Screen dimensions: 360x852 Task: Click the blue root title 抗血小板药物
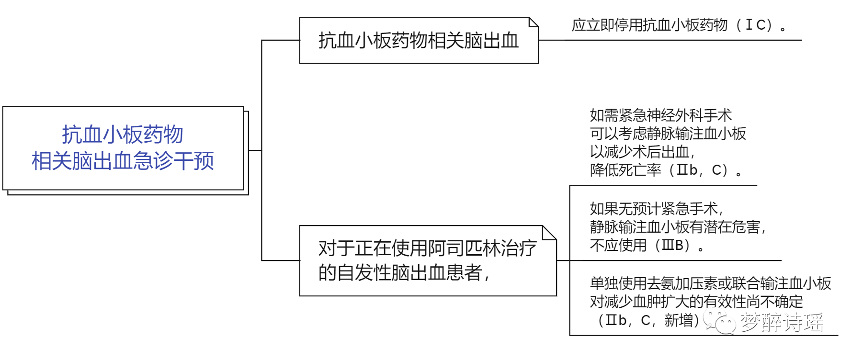point(123,135)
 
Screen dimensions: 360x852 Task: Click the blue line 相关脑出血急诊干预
point(123,161)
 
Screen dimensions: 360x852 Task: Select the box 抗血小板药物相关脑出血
point(419,41)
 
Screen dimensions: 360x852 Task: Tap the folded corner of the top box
point(533,22)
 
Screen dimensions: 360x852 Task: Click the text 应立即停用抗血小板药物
point(649,25)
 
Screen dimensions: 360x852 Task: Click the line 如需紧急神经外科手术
point(660,115)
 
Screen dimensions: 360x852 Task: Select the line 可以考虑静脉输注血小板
point(668,134)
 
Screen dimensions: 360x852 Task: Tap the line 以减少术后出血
point(642,152)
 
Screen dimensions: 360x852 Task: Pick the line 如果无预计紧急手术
point(656,209)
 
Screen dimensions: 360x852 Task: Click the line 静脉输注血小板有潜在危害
point(677,227)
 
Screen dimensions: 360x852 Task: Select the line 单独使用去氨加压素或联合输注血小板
point(710,283)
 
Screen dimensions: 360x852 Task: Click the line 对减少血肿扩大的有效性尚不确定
point(696,302)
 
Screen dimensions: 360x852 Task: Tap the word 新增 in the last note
point(679,320)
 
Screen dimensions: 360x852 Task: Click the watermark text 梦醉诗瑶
point(782,322)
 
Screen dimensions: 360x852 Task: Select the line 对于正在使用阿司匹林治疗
point(427,248)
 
